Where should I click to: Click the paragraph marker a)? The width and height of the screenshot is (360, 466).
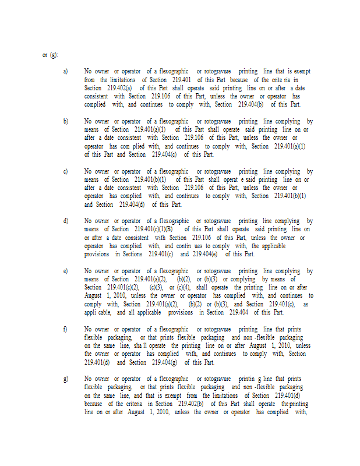pyautogui.click(x=65, y=71)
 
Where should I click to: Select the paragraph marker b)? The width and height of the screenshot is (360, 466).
pyautogui.click(x=65, y=121)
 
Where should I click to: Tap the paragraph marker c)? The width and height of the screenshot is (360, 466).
pyautogui.click(x=65, y=171)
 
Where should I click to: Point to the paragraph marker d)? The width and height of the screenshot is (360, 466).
pyautogui.click(x=65, y=221)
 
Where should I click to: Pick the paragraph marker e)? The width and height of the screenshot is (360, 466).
pyautogui.click(x=65, y=271)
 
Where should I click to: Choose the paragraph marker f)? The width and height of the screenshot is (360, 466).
pyautogui.click(x=65, y=329)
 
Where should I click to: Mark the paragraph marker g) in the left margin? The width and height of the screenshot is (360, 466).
pyautogui.click(x=65, y=379)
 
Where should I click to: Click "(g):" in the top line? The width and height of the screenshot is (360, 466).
pyautogui.click(x=54, y=55)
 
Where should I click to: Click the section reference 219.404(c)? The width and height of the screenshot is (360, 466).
pyautogui.click(x=165, y=154)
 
